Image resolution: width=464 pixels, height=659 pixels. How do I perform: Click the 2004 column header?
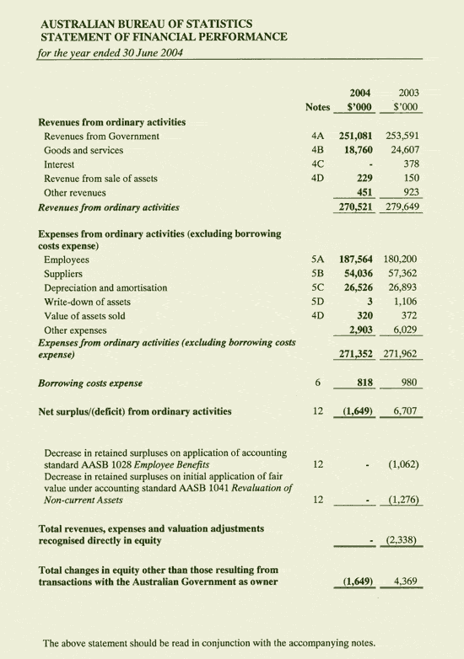pyautogui.click(x=362, y=92)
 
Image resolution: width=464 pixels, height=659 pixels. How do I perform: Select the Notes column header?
pyautogui.click(x=317, y=108)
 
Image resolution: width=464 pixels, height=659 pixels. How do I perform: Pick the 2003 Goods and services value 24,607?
pyautogui.click(x=405, y=150)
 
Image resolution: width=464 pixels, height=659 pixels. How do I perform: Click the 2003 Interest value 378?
pyautogui.click(x=411, y=164)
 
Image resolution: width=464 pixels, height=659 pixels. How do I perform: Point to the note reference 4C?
pyautogui.click(x=317, y=164)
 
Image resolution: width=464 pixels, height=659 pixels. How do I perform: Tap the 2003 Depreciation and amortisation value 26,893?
pyautogui.click(x=405, y=287)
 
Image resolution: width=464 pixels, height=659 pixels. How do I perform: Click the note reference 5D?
pyautogui.click(x=317, y=302)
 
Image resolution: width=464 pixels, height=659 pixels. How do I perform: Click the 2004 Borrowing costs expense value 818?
pyautogui.click(x=363, y=383)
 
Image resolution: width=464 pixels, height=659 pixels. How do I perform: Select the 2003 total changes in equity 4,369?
pyautogui.click(x=407, y=581)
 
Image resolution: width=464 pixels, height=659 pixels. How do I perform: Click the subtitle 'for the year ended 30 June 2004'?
pyautogui.click(x=111, y=51)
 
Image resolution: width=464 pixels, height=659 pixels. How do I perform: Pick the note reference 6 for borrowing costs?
pyautogui.click(x=317, y=383)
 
